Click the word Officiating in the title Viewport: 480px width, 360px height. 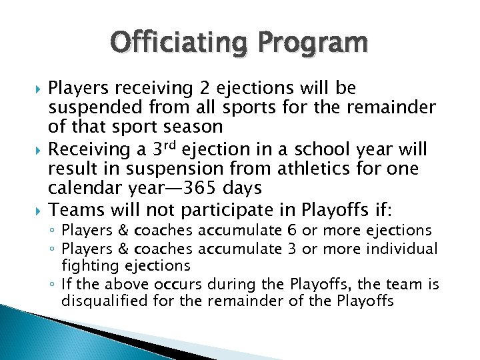click(177, 44)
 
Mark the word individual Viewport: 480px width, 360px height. click(404, 249)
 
